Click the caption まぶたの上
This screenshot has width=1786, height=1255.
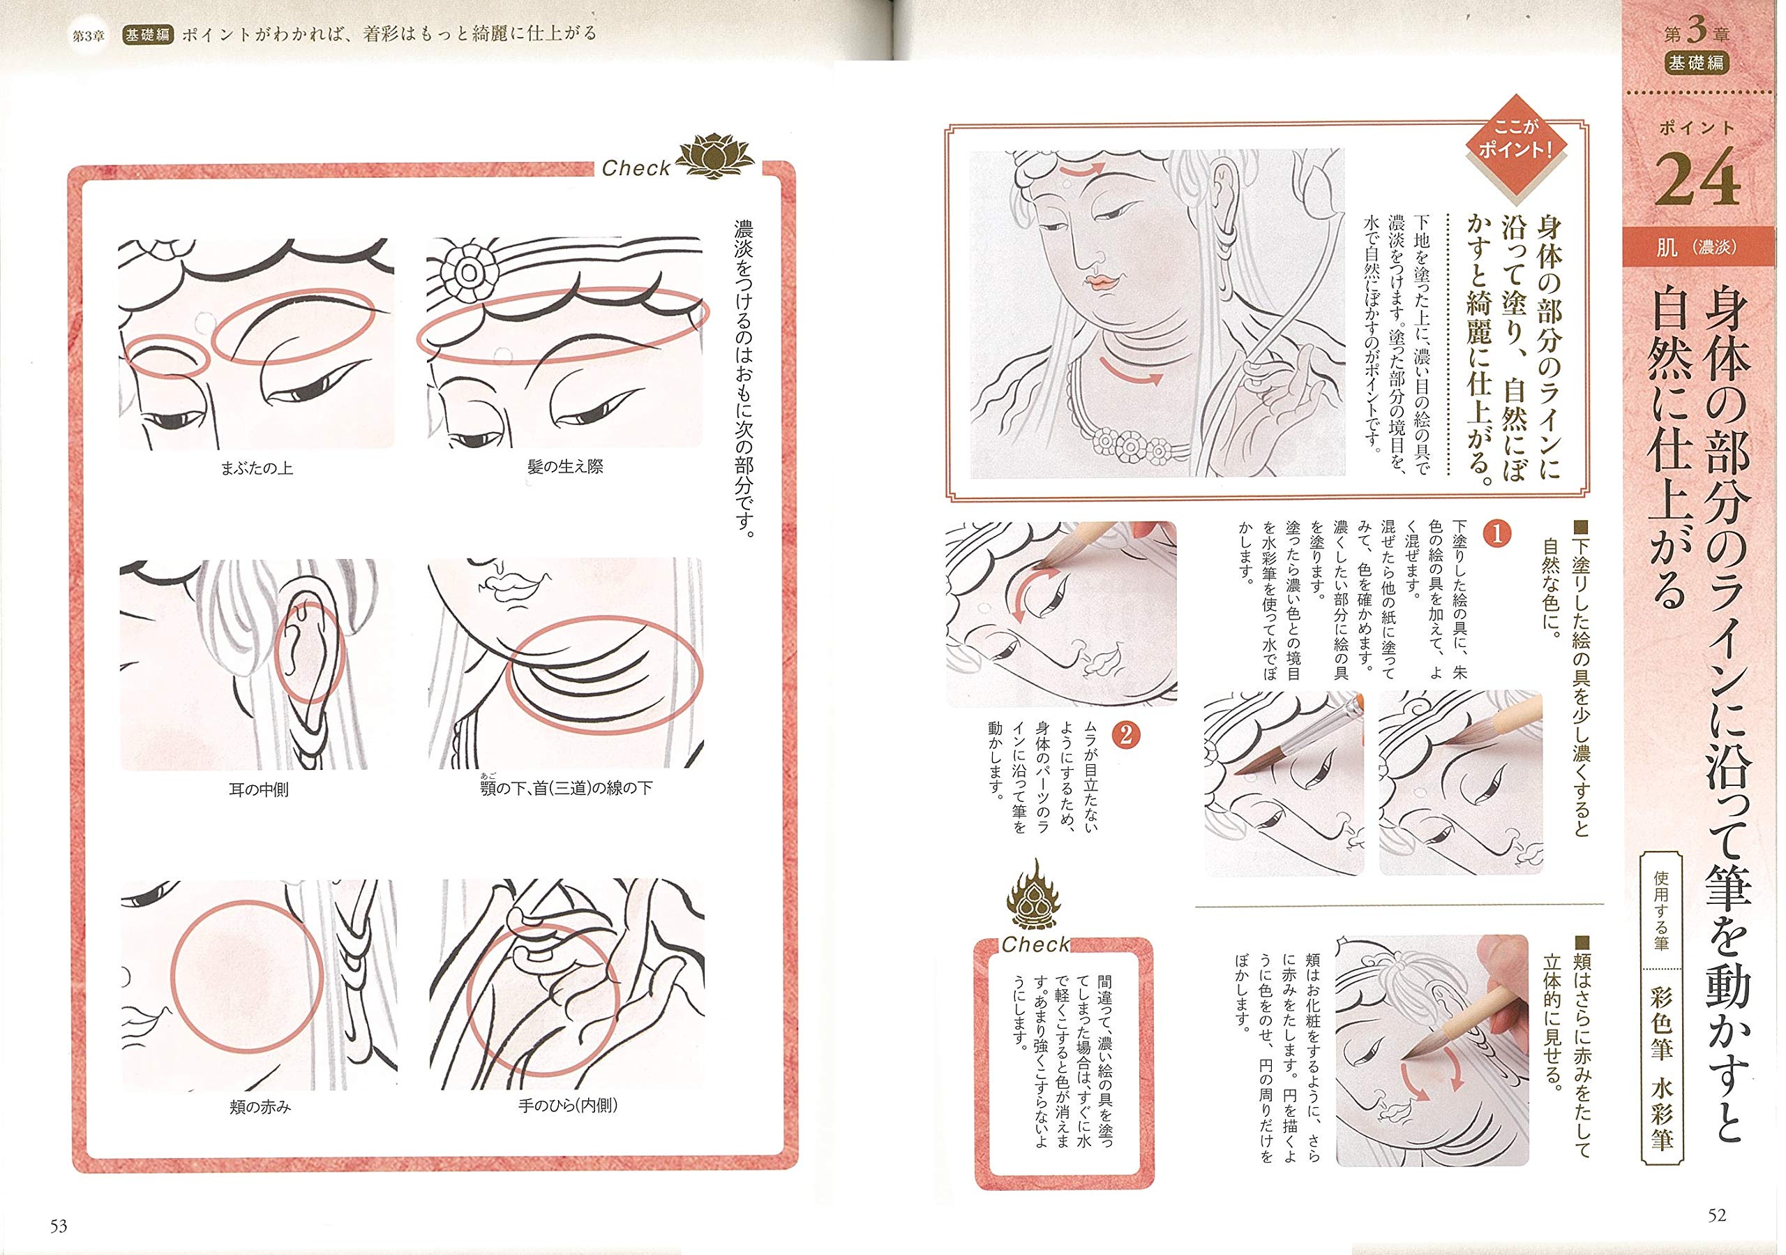[257, 468]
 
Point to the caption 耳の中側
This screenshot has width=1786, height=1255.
[258, 789]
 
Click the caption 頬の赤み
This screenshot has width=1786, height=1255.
[260, 1106]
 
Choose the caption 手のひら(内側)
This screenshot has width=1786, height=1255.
[568, 1105]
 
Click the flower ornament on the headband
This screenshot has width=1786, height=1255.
[467, 272]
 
